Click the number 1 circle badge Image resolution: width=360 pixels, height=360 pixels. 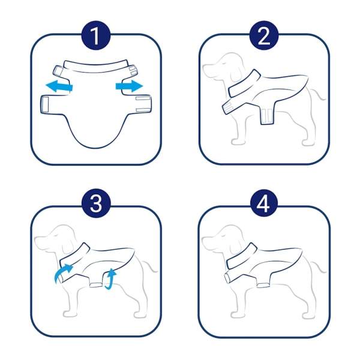96,36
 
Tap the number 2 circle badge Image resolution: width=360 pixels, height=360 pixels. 264,36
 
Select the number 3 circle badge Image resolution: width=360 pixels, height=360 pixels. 96,203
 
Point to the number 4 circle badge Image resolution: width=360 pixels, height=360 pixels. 264,203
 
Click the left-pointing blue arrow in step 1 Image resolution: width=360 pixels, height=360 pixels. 59,86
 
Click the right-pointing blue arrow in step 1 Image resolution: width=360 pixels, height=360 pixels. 129,86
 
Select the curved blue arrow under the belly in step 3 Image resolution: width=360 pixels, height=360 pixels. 110,279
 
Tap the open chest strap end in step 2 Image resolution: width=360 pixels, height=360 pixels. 228,107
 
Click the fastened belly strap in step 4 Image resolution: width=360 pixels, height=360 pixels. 263,286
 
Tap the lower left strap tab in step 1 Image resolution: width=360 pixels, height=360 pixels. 45,104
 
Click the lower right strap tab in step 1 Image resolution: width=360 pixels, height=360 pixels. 144,104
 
